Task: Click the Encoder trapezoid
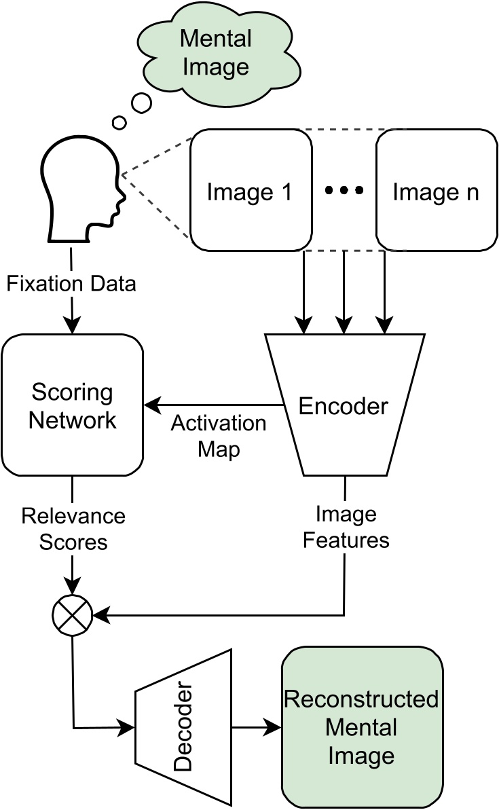point(344,405)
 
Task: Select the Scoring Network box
point(73,406)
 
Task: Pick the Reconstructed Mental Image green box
point(361,727)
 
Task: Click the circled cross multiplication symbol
point(72,615)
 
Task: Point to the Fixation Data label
point(71,283)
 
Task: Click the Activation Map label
point(219,436)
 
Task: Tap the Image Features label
point(346,527)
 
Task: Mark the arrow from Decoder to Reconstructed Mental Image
point(257,728)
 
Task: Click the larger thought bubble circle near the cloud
point(141,103)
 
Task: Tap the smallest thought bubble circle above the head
point(119,123)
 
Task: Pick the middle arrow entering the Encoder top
point(345,292)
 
